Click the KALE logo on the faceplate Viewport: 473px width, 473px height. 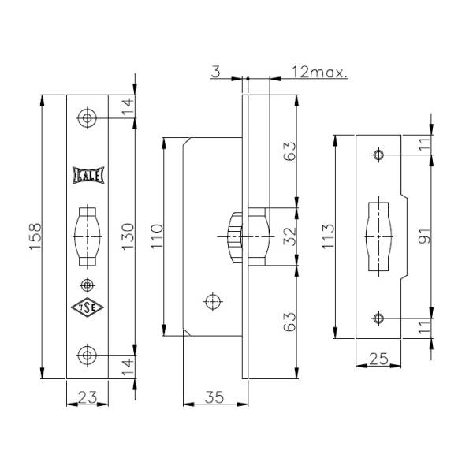88,175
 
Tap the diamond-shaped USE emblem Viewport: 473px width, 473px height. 88,307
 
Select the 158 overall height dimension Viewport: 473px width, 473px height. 35,236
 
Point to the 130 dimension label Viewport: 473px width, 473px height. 128,236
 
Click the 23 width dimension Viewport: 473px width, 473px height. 88,397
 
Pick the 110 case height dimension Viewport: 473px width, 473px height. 157,236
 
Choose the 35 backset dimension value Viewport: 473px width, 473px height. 214,397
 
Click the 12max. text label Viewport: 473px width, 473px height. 319,73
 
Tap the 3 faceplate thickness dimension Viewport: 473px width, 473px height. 216,73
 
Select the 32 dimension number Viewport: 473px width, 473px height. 290,236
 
